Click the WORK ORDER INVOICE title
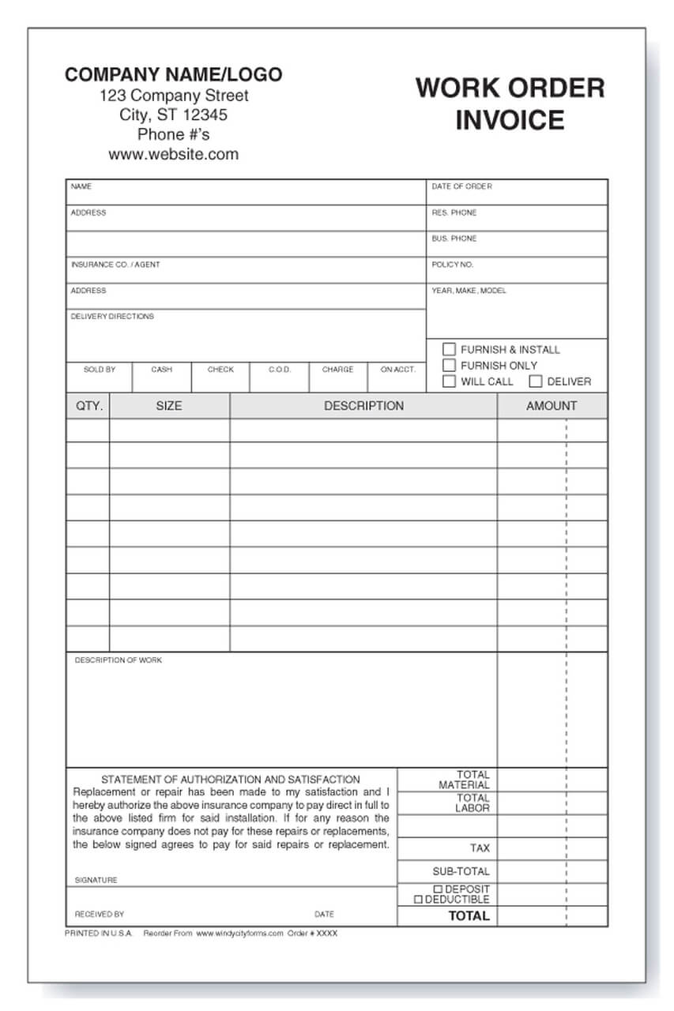(510, 103)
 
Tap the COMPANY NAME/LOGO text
(173, 75)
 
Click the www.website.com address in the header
(173, 154)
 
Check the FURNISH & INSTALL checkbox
(449, 349)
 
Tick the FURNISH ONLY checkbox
(449, 365)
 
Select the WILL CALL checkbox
(449, 381)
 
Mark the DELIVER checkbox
(536, 381)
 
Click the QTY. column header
(89, 406)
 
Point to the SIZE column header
(168, 406)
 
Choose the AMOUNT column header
(552, 406)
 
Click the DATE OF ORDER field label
(461, 186)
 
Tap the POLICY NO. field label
(452, 265)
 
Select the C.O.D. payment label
(280, 369)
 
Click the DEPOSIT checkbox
(439, 889)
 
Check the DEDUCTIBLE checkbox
(419, 900)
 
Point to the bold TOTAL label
(469, 916)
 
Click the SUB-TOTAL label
(461, 871)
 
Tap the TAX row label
(480, 848)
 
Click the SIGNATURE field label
(96, 880)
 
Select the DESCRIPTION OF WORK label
(118, 660)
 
